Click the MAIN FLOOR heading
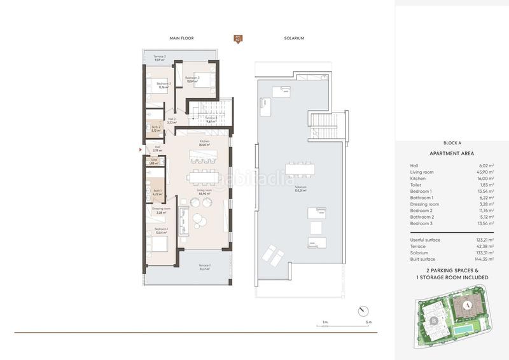click(181, 38)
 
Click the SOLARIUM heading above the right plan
click(294, 38)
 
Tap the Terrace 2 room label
click(159, 57)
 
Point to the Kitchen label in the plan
click(204, 142)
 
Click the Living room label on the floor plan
click(204, 191)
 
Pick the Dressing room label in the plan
click(161, 209)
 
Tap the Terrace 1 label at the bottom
click(204, 266)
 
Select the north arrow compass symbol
click(362, 309)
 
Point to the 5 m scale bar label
click(368, 322)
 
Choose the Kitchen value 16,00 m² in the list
click(487, 179)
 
